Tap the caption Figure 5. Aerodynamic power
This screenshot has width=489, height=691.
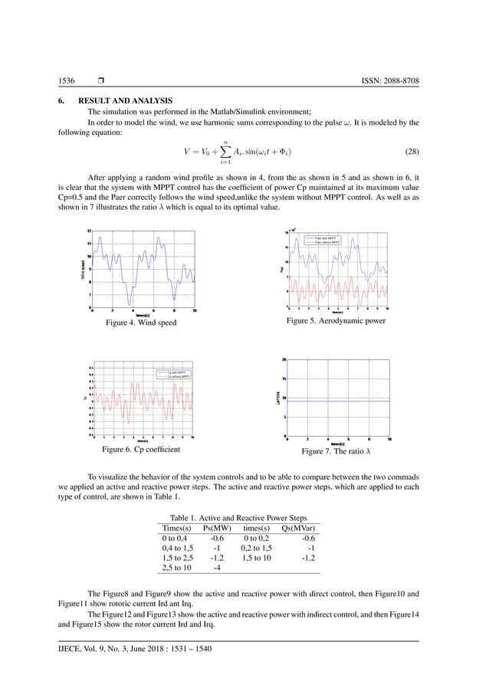tap(336, 321)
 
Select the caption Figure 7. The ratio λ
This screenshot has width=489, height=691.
tap(336, 451)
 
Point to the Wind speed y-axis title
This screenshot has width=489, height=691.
tap(80, 269)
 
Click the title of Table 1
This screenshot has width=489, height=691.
tap(238, 519)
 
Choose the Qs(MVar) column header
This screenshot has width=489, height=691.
tap(300, 529)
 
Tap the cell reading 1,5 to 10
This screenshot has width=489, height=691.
tap(258, 558)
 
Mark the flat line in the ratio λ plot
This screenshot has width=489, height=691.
tap(337, 401)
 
